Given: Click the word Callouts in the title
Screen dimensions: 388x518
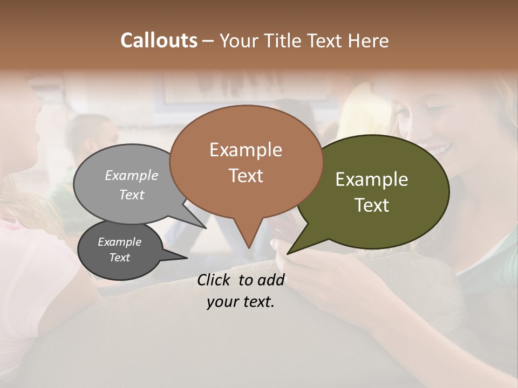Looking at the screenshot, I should (159, 40).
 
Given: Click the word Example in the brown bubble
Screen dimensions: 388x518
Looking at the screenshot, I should (246, 150).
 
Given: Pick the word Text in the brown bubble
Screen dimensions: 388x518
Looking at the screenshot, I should (246, 176).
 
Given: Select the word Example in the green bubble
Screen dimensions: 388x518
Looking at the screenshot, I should (372, 179).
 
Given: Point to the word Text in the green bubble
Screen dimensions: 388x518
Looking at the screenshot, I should (372, 205).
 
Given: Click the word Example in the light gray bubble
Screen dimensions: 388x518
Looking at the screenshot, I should (132, 175).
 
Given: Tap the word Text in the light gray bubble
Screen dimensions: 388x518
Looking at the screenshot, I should (132, 195).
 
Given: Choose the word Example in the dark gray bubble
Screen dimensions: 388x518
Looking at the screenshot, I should (120, 242).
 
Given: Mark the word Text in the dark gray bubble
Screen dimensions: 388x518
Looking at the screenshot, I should (120, 258).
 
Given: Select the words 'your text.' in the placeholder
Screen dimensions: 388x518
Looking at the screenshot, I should (241, 302).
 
